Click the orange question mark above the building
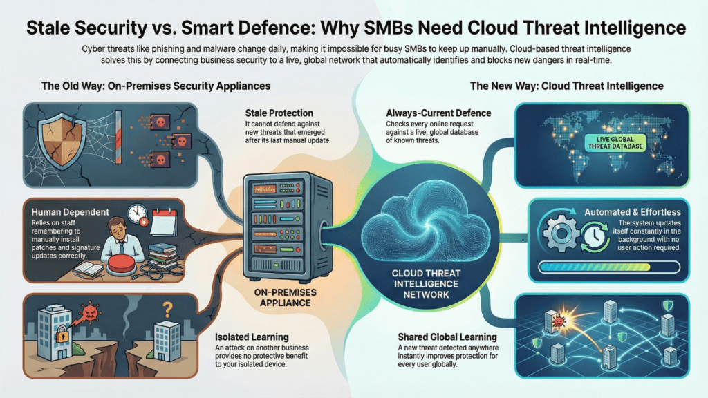click(x=166, y=305)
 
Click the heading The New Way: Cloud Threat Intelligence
click(x=566, y=86)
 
